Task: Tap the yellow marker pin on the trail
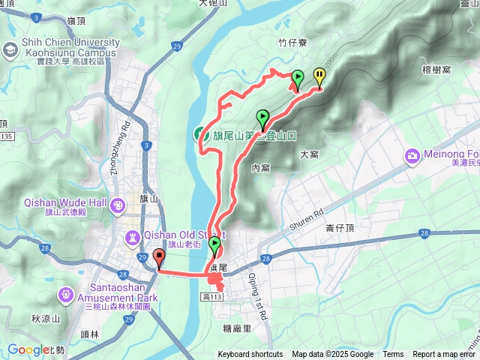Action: point(319,76)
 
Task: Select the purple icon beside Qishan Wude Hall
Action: point(117,204)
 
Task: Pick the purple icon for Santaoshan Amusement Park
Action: point(66,293)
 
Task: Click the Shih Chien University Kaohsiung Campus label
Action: point(65,47)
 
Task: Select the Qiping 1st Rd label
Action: point(259,284)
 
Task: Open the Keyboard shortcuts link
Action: point(250,355)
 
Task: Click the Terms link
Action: point(393,355)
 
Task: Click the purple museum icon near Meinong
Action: point(412,156)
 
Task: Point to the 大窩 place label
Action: point(310,154)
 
